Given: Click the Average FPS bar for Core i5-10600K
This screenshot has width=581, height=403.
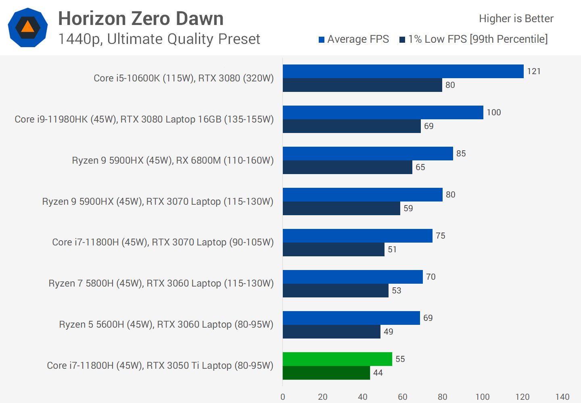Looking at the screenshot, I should click(403, 71).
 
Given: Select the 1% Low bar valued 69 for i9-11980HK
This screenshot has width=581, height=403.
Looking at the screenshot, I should click(351, 126).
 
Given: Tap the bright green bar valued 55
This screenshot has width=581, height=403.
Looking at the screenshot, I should click(337, 359).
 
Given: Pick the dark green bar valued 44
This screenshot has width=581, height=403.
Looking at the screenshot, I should click(326, 373).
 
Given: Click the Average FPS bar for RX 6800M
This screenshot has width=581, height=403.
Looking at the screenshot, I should click(368, 154).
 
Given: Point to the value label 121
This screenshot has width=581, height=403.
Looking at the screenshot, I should click(533, 71).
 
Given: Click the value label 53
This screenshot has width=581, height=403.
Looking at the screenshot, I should click(396, 291).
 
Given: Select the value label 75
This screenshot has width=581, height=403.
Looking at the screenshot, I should click(440, 236).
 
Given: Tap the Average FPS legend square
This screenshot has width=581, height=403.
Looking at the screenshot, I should click(322, 39).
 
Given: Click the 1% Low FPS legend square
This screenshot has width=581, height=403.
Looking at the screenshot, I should click(402, 39).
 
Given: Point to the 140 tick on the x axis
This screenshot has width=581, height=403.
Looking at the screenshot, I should click(562, 397).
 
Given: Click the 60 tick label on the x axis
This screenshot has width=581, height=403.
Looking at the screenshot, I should click(402, 397).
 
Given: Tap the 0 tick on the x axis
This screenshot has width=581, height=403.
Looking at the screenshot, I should click(283, 397).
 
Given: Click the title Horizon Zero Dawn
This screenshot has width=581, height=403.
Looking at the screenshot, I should click(141, 19).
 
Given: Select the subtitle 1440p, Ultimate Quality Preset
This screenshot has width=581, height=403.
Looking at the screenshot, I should click(159, 39).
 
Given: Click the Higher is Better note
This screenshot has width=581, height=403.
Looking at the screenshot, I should click(516, 19).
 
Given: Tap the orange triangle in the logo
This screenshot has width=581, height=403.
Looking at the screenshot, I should click(27, 27).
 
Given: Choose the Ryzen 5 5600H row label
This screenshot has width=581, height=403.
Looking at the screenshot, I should click(166, 324).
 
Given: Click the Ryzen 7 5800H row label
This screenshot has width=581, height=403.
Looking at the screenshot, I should click(161, 283).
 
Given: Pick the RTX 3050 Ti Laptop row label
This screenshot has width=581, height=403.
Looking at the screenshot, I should click(160, 366).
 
